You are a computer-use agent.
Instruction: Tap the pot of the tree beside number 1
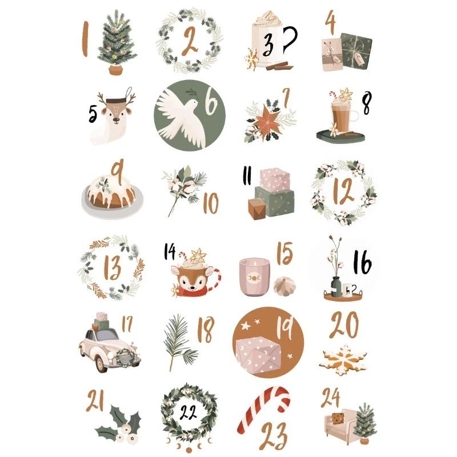coord(117,69)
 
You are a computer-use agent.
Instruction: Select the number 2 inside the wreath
coord(190,41)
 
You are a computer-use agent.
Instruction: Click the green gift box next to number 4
coord(357,50)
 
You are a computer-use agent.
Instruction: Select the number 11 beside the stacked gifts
coord(247,177)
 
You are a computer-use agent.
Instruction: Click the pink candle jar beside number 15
coord(254,276)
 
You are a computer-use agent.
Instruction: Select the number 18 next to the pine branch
coord(205,330)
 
